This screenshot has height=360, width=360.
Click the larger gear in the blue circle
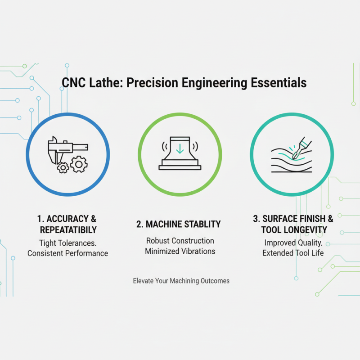point(79,165)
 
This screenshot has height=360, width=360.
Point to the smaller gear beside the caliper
point(63,168)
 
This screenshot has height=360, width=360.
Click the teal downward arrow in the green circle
point(180,148)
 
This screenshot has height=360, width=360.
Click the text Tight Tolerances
point(67,243)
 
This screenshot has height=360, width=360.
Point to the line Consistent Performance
point(67,253)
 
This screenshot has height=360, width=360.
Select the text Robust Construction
point(180,241)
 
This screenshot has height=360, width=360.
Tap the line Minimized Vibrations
point(180,252)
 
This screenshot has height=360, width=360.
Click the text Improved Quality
point(292,243)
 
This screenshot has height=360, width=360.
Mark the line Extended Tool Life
point(292,253)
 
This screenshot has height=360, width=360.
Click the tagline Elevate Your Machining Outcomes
point(181,281)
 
